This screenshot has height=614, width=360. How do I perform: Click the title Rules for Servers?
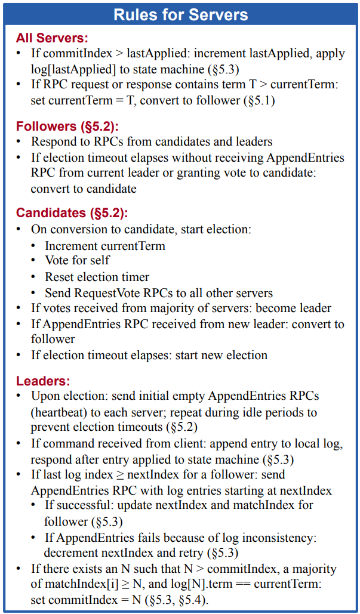tap(180, 13)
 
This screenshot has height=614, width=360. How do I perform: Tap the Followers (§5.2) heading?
tap(67, 126)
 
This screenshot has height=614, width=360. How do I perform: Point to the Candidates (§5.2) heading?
tap(72, 213)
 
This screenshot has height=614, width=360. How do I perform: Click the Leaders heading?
tap(43, 380)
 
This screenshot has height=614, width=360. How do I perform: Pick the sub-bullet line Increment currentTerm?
tap(105, 245)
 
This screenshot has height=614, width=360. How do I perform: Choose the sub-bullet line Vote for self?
tap(78, 261)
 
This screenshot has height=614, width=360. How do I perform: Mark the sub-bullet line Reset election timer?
tap(97, 277)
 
